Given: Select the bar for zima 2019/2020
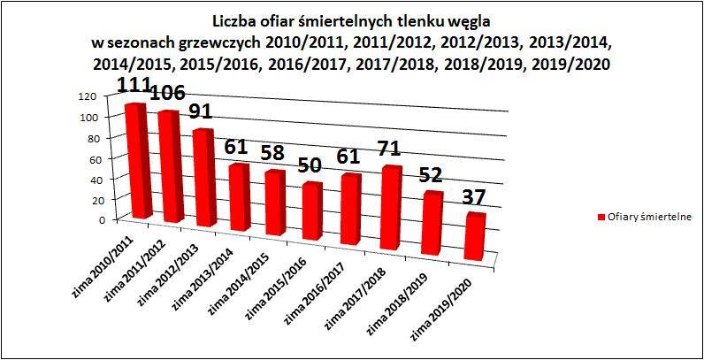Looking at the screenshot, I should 474,237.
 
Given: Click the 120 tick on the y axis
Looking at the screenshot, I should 85,96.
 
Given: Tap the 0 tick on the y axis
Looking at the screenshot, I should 90,219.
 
